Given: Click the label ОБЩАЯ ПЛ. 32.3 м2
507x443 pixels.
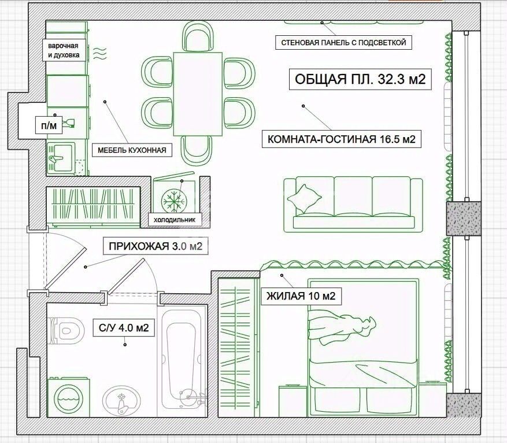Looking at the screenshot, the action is pos(360,79).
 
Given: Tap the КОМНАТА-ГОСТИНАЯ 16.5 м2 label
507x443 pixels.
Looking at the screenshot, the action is pos(342,139).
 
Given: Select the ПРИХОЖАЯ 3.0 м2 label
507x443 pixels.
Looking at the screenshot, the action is pos(156,246).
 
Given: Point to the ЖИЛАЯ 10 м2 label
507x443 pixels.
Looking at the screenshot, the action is pos(301,296).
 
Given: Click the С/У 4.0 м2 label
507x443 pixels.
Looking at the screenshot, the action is pos(124,328).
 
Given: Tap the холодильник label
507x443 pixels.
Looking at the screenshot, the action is pos(175,220).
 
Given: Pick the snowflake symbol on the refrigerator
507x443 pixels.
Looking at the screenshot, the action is pos(174,201).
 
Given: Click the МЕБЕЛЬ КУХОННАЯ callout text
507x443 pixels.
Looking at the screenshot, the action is pos(132,150).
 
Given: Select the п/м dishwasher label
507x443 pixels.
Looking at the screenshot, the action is pos(49,125).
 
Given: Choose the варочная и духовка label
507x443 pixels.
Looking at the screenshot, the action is pos(64,50).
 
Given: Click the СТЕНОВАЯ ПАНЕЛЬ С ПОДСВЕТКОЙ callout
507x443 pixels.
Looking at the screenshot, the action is pos(343,42).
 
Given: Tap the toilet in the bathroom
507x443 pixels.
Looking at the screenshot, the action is pos(66,331).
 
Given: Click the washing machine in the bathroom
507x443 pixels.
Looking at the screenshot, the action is pos(68,397).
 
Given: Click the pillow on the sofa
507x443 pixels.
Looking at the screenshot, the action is pos(304,198).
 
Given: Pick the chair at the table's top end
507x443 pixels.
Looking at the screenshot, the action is pos(198,36).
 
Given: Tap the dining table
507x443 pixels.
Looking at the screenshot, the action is pos(198,94).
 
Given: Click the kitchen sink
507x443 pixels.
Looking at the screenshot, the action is pos(61,157).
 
